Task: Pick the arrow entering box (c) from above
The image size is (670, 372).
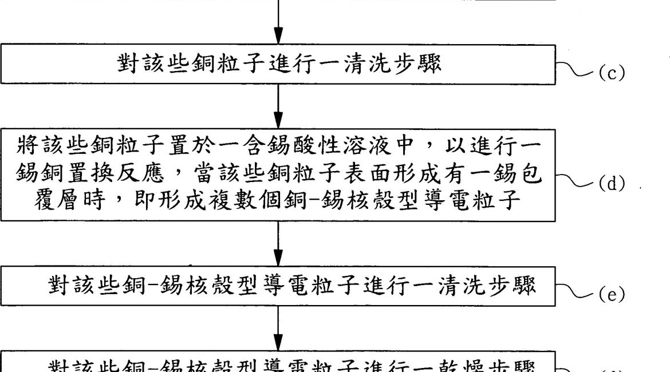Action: [278, 23]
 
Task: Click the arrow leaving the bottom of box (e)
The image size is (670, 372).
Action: [278, 329]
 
